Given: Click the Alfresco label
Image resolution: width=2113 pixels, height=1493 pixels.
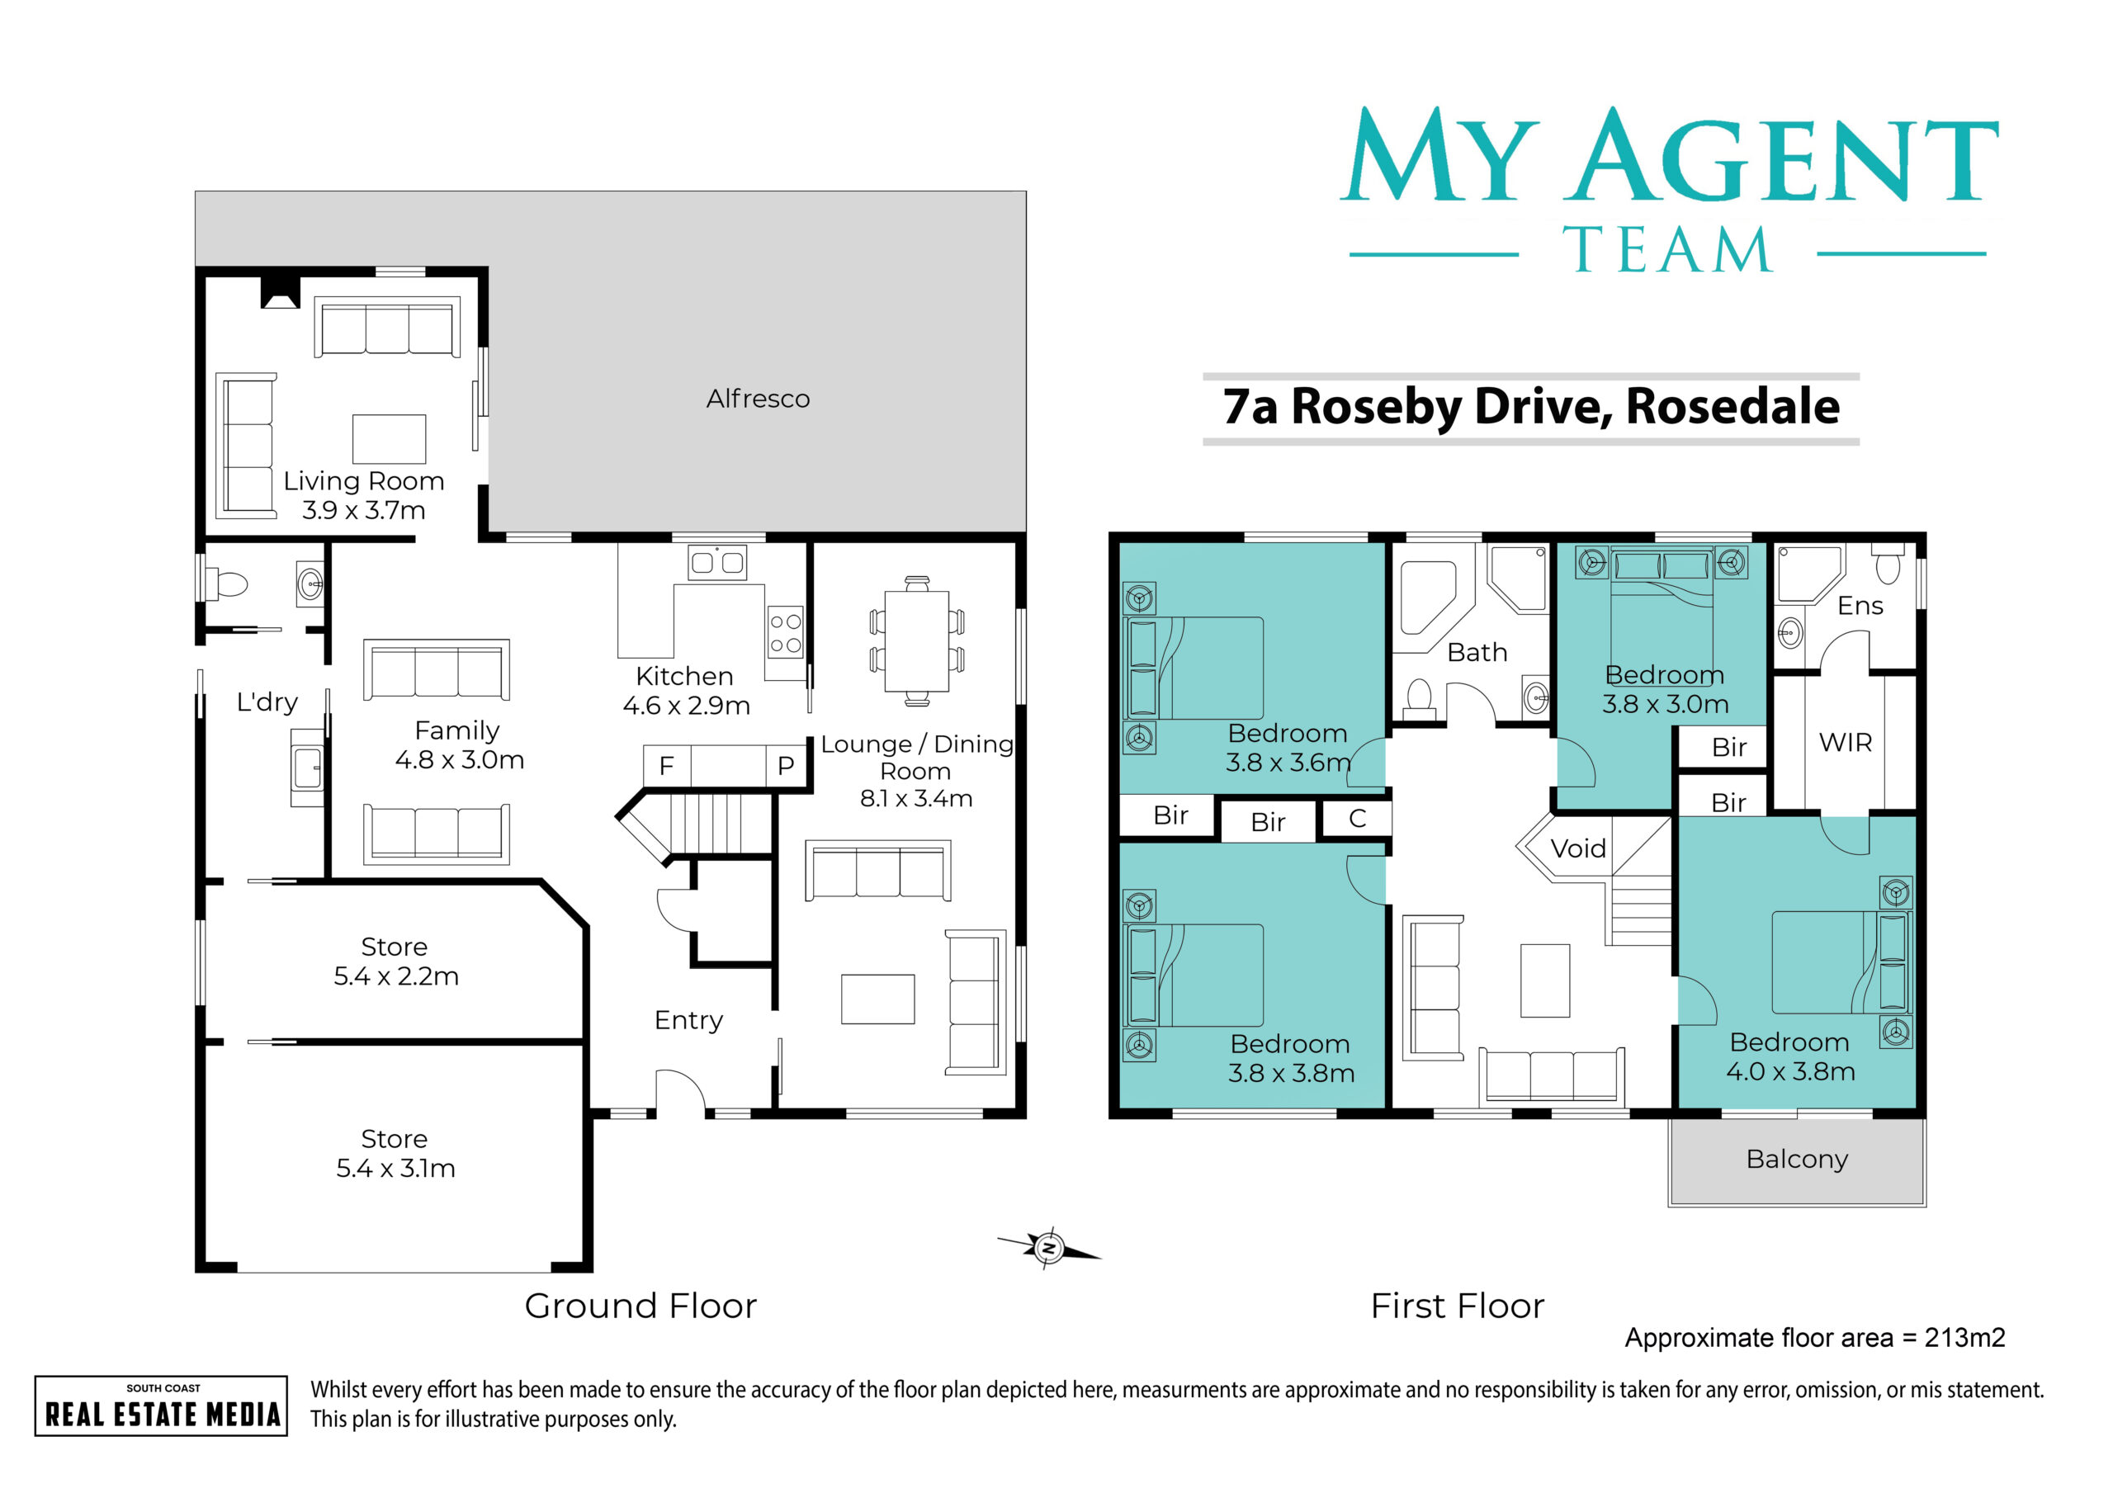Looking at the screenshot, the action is (x=758, y=399).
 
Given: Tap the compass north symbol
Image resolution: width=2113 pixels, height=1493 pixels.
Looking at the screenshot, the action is (x=1049, y=1248).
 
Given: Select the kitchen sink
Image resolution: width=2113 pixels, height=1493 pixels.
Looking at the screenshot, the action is (x=717, y=561).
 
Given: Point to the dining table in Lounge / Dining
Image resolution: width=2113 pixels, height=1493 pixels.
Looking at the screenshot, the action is (x=917, y=640).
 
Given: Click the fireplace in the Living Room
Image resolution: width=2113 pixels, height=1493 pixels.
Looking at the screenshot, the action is (x=280, y=292).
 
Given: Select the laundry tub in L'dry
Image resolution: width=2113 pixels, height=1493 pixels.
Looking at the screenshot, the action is (x=307, y=768).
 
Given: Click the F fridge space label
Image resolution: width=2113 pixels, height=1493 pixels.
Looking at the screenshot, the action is (x=666, y=766).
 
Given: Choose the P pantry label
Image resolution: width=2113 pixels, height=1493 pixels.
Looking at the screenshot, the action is (x=786, y=766).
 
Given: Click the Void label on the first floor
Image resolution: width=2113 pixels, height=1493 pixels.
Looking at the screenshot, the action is (x=1578, y=848).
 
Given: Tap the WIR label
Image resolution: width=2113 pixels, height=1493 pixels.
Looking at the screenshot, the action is (x=1846, y=742).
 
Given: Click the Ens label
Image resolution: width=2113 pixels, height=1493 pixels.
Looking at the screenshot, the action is (x=1860, y=606).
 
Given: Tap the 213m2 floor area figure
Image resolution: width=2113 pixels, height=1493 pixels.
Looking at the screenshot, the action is (x=1964, y=1338).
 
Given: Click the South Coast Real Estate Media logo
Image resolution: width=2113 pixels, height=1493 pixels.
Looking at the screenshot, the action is (x=161, y=1406).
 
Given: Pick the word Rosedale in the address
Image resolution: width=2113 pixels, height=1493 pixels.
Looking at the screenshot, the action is (x=1733, y=406).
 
